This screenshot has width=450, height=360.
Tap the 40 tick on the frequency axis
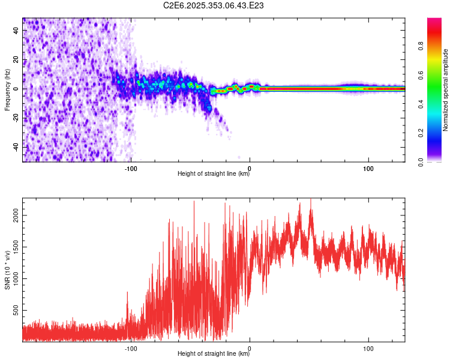[16, 31]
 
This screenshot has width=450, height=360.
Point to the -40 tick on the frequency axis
[16, 148]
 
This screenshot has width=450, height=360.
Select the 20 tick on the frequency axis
[16, 60]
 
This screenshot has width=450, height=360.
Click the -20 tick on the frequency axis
[16, 118]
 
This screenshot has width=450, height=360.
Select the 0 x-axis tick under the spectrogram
[250, 167]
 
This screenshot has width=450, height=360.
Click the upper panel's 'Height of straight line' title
[214, 174]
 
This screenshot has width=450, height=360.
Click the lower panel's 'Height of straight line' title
[214, 354]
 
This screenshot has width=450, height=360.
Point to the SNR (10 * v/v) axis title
[7, 270]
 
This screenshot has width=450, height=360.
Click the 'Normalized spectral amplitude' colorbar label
[446, 90]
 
